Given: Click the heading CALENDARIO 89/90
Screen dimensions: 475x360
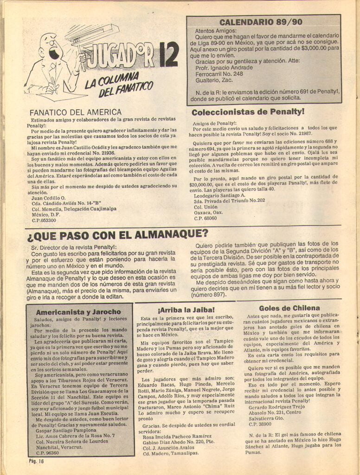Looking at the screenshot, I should pos(263,22).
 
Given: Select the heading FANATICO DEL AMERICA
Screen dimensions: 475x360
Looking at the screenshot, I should pos(76,112).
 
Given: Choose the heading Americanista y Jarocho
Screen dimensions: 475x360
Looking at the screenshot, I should pos(78,312).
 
